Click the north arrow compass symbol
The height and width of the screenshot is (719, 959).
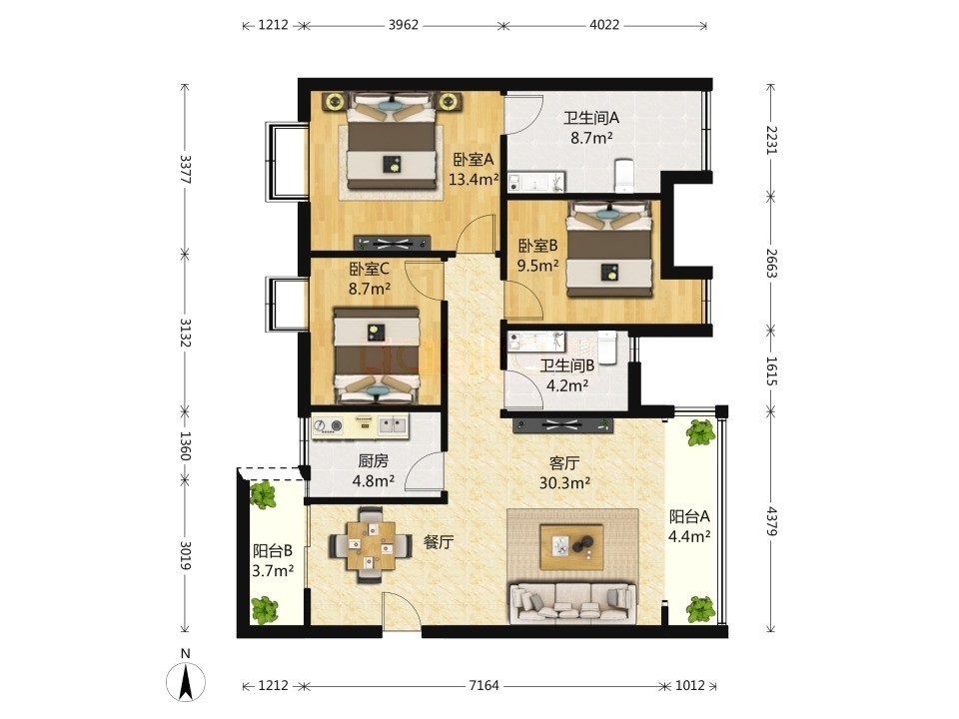pyautogui.click(x=186, y=679)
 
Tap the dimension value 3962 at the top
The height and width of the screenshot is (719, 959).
pyautogui.click(x=404, y=25)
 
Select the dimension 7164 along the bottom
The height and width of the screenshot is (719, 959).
pyautogui.click(x=483, y=686)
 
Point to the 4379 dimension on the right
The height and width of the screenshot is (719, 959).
pyautogui.click(x=772, y=521)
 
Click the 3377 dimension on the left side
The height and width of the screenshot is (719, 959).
pyautogui.click(x=185, y=170)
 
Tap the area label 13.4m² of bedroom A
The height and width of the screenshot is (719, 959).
pyautogui.click(x=474, y=180)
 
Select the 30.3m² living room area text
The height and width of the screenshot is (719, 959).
pyautogui.click(x=564, y=483)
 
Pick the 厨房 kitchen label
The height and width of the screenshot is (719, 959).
pyautogui.click(x=373, y=461)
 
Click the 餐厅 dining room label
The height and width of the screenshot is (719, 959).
pyautogui.click(x=439, y=541)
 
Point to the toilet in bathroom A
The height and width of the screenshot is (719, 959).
pyautogui.click(x=623, y=175)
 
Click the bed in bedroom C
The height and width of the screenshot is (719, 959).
pyautogui.click(x=377, y=356)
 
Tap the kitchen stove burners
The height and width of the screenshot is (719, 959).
pyautogui.click(x=328, y=426)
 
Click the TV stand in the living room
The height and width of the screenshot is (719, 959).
pyautogui.click(x=562, y=425)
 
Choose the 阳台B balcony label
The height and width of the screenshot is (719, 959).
pyautogui.click(x=273, y=551)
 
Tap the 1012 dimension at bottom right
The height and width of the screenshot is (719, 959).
pyautogui.click(x=690, y=686)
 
